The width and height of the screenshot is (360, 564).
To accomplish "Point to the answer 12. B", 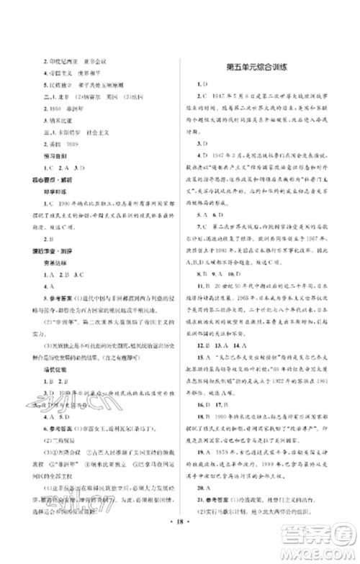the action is click(204, 306).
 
